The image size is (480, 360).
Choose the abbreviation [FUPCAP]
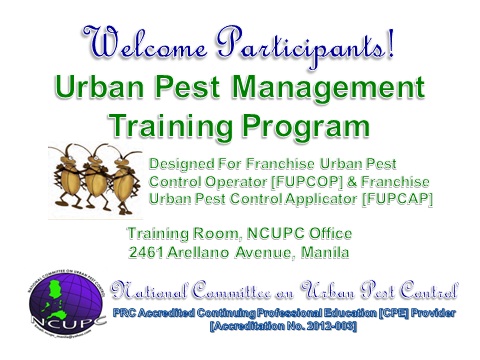397,199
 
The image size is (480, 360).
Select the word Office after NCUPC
327,234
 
